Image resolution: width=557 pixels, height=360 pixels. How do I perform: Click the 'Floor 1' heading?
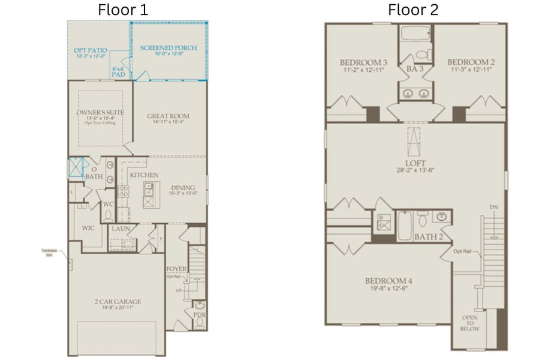(x=123, y=10)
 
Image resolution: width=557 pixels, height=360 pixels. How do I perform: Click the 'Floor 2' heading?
(x=413, y=10)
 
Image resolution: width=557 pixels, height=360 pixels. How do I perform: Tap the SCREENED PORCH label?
(x=168, y=48)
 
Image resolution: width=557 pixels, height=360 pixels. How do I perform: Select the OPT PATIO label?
(x=89, y=51)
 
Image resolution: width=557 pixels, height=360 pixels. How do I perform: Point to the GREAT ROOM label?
(x=168, y=116)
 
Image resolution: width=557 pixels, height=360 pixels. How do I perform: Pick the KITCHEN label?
(x=144, y=175)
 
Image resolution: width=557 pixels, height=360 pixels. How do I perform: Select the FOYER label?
(x=176, y=269)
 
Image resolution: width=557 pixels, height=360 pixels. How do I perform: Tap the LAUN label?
(x=120, y=229)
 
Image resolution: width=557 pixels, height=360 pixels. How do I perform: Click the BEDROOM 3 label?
(x=363, y=62)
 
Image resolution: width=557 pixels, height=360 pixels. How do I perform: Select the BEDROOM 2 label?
(x=471, y=62)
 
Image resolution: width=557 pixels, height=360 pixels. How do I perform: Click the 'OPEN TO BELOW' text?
(x=469, y=323)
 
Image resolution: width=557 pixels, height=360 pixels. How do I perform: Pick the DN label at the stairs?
(x=493, y=207)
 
